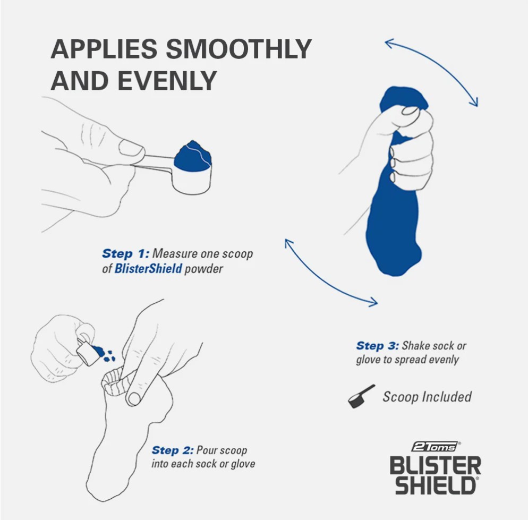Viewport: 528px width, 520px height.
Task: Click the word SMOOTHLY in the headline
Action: click(239, 49)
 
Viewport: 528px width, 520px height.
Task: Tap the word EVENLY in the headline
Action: click(167, 81)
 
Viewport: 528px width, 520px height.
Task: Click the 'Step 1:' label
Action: click(125, 253)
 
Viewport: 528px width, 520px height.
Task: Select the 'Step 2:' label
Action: click(173, 450)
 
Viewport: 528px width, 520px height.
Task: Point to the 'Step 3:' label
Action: click(378, 346)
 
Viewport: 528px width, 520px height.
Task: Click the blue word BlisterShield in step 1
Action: click(148, 268)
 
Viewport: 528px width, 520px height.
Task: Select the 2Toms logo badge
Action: click(435, 447)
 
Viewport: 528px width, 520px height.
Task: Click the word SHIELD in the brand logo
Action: click(436, 484)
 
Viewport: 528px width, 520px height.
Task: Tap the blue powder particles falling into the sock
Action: click(105, 353)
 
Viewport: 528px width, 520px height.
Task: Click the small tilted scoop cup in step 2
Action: click(87, 354)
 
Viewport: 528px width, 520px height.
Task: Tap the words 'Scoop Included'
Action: click(427, 397)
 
